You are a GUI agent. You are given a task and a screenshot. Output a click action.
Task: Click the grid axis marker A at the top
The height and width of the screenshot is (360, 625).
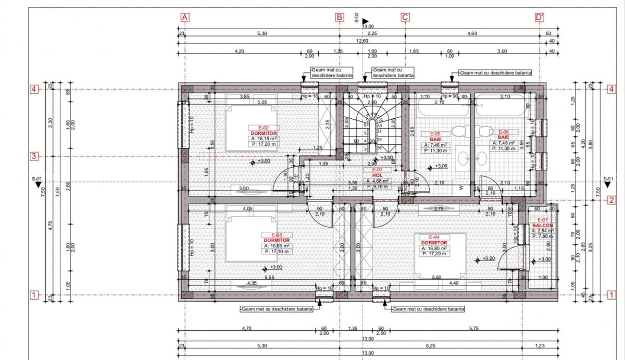coord(184,17)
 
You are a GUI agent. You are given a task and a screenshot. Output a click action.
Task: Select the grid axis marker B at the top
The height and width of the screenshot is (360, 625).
coord(340,17)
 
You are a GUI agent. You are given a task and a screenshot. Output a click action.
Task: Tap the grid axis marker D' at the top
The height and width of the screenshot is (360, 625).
coord(540,17)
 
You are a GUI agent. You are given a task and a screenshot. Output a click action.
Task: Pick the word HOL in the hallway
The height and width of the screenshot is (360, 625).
coord(377,176)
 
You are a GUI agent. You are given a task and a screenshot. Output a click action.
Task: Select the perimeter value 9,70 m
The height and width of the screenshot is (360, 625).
coord(379,186)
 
